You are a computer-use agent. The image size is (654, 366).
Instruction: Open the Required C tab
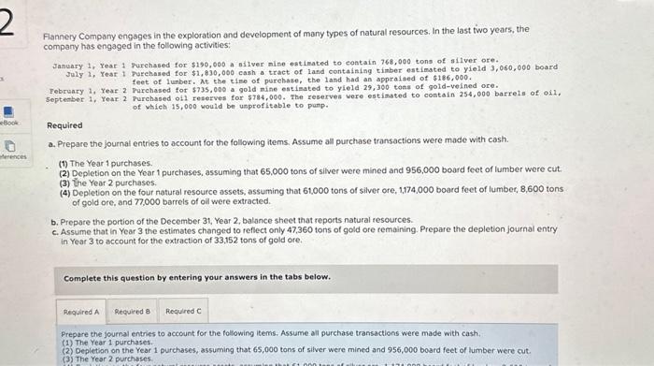pos(183,312)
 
